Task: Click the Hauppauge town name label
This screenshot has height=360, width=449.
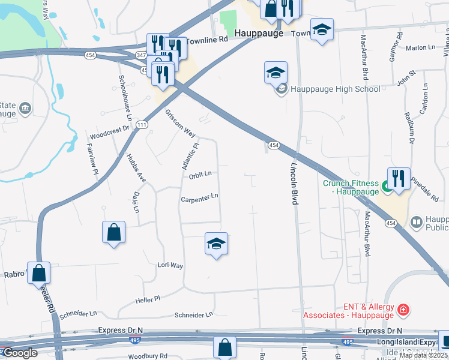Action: [258, 34]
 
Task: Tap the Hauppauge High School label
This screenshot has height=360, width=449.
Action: [335, 89]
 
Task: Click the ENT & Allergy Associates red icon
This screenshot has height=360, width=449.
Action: [405, 310]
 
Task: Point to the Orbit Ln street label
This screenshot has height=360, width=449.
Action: [200, 175]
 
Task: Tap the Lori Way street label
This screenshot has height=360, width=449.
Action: [170, 265]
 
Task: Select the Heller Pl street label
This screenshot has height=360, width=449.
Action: [148, 298]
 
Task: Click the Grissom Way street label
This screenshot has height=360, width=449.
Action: [181, 122]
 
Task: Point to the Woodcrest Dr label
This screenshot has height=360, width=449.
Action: [109, 129]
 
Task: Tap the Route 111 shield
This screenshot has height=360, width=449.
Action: [142, 125]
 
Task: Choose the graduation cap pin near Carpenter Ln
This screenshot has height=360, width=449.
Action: [216, 244]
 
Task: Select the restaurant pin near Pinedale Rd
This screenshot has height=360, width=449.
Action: [399, 178]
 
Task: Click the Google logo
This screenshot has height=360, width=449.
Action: [19, 353]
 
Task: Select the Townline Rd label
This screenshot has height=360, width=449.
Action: [208, 39]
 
